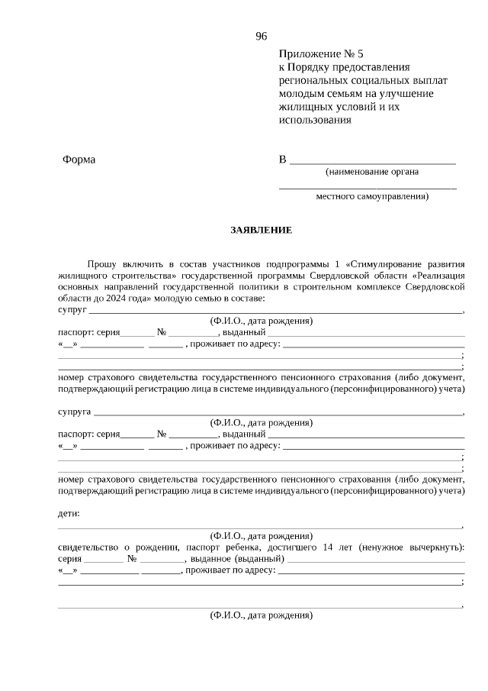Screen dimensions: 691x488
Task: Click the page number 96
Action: coord(262,36)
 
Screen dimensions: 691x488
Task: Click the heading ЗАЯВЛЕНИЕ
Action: coord(262,230)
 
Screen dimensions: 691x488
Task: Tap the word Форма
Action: coord(79,160)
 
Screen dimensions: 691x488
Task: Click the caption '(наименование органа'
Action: coord(371,172)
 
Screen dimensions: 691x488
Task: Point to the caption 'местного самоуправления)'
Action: coord(372,196)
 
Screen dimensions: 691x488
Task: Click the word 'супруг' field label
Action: coord(72,310)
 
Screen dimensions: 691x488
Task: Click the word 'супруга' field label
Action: coord(74,412)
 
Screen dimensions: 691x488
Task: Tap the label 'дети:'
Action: coord(69,514)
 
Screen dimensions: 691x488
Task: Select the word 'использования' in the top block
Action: coord(315,119)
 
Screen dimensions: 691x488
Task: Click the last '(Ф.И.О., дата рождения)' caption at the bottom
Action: coord(262,615)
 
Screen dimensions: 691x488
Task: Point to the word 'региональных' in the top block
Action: coord(311,80)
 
